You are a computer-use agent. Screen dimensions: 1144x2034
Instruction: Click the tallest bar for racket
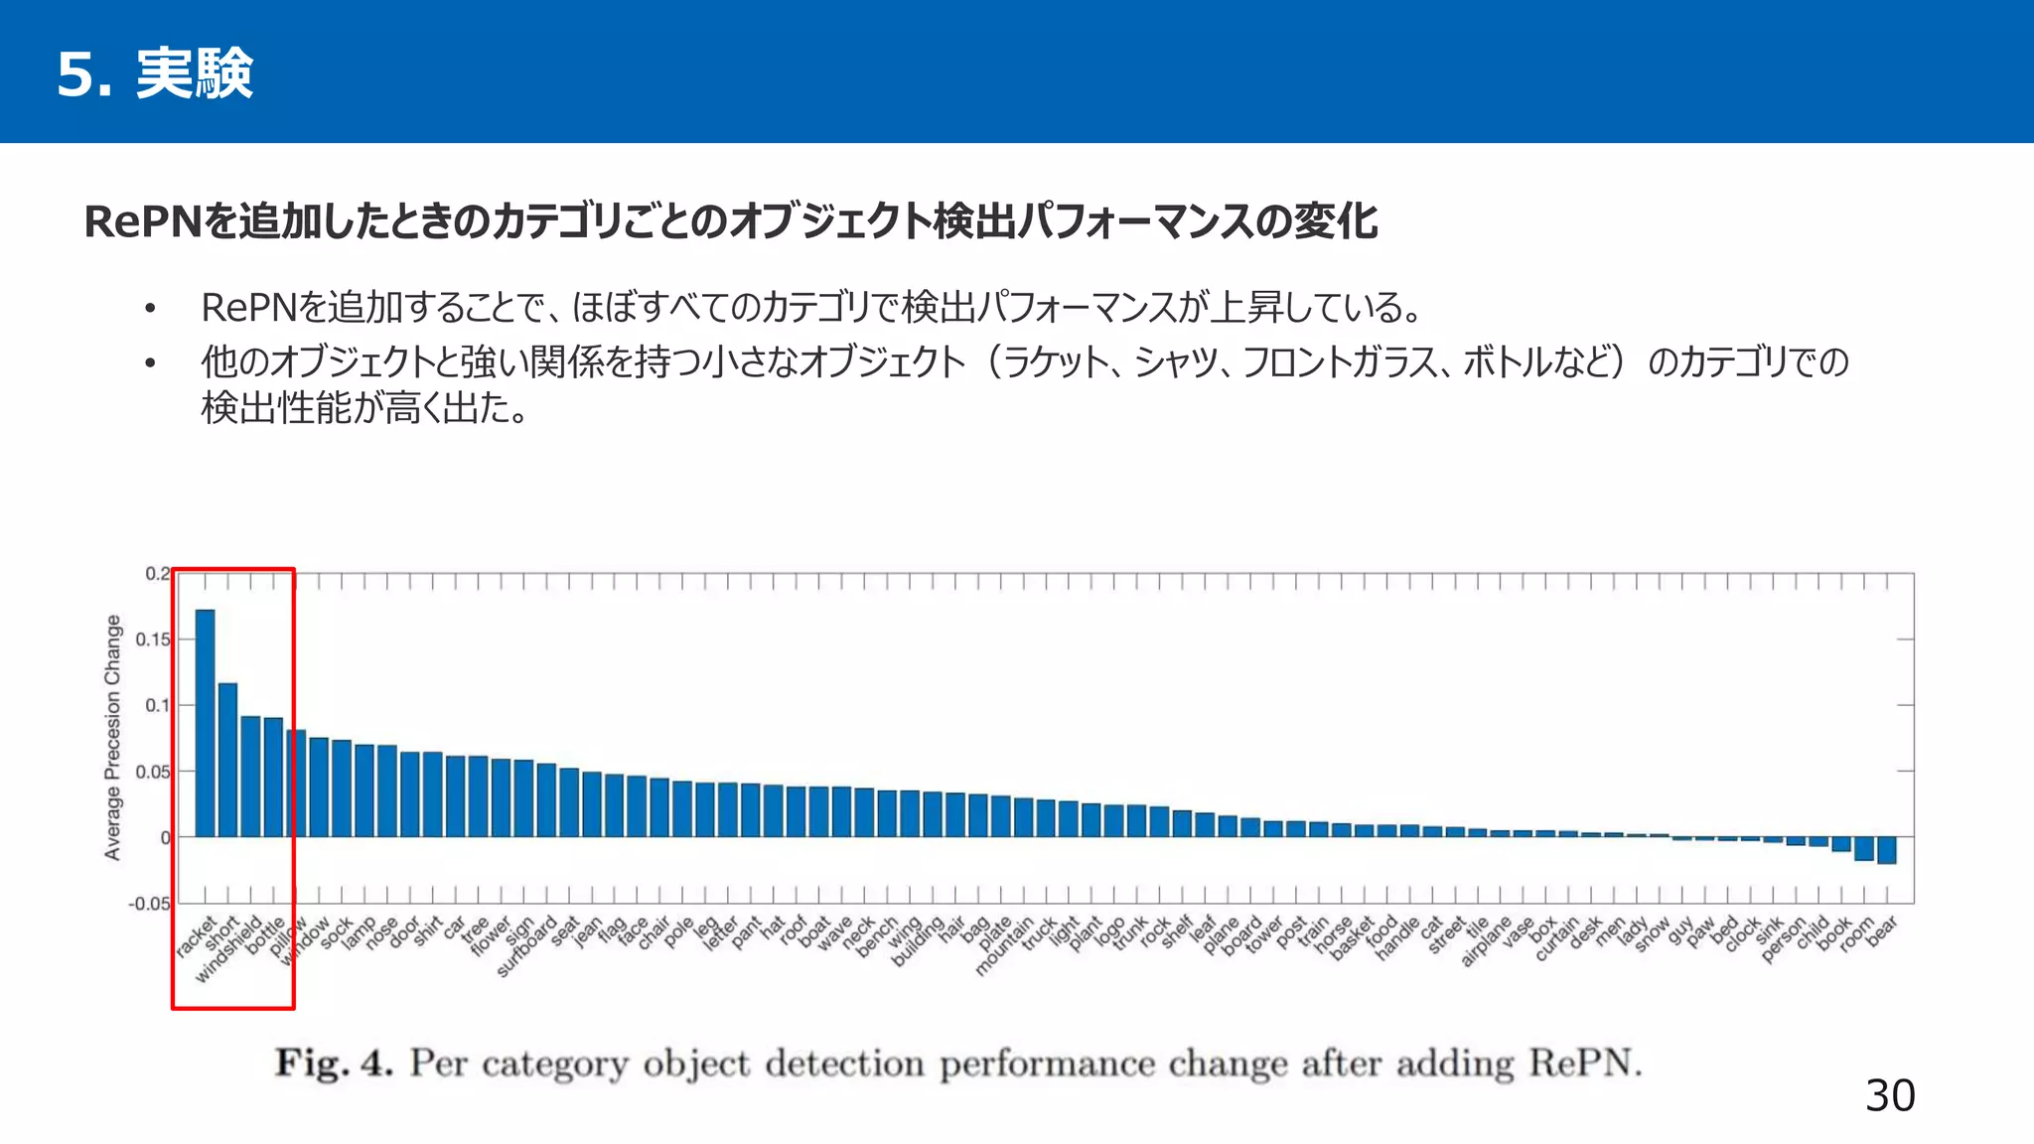pyautogui.click(x=206, y=723)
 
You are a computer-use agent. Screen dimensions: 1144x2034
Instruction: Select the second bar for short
pyautogui.click(x=227, y=760)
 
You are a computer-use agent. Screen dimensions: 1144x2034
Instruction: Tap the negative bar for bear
pyautogui.click(x=1887, y=850)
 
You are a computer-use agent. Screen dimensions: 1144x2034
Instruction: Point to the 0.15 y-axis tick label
pyautogui.click(x=153, y=640)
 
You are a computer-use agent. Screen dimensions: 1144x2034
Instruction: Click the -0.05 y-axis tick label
pyautogui.click(x=149, y=904)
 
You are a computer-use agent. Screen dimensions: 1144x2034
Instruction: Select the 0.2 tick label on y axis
pyautogui.click(x=157, y=574)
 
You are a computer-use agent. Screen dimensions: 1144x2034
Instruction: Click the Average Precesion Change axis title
pyautogui.click(x=113, y=737)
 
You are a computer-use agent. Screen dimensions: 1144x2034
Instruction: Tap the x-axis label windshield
pyautogui.click(x=228, y=949)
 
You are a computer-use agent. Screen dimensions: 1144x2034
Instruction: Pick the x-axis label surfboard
pyautogui.click(x=527, y=948)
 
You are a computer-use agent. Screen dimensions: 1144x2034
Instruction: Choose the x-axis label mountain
pyautogui.click(x=1005, y=947)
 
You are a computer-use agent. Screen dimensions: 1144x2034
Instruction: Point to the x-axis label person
pyautogui.click(x=1785, y=940)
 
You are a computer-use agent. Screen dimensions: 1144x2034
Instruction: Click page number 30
pyautogui.click(x=1890, y=1095)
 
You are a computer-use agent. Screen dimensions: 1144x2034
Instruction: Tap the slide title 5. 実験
pyautogui.click(x=155, y=73)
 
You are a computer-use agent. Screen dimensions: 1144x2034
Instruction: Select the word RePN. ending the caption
pyautogui.click(x=1585, y=1064)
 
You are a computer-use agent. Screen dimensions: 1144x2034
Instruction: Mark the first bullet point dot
pyautogui.click(x=150, y=309)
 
